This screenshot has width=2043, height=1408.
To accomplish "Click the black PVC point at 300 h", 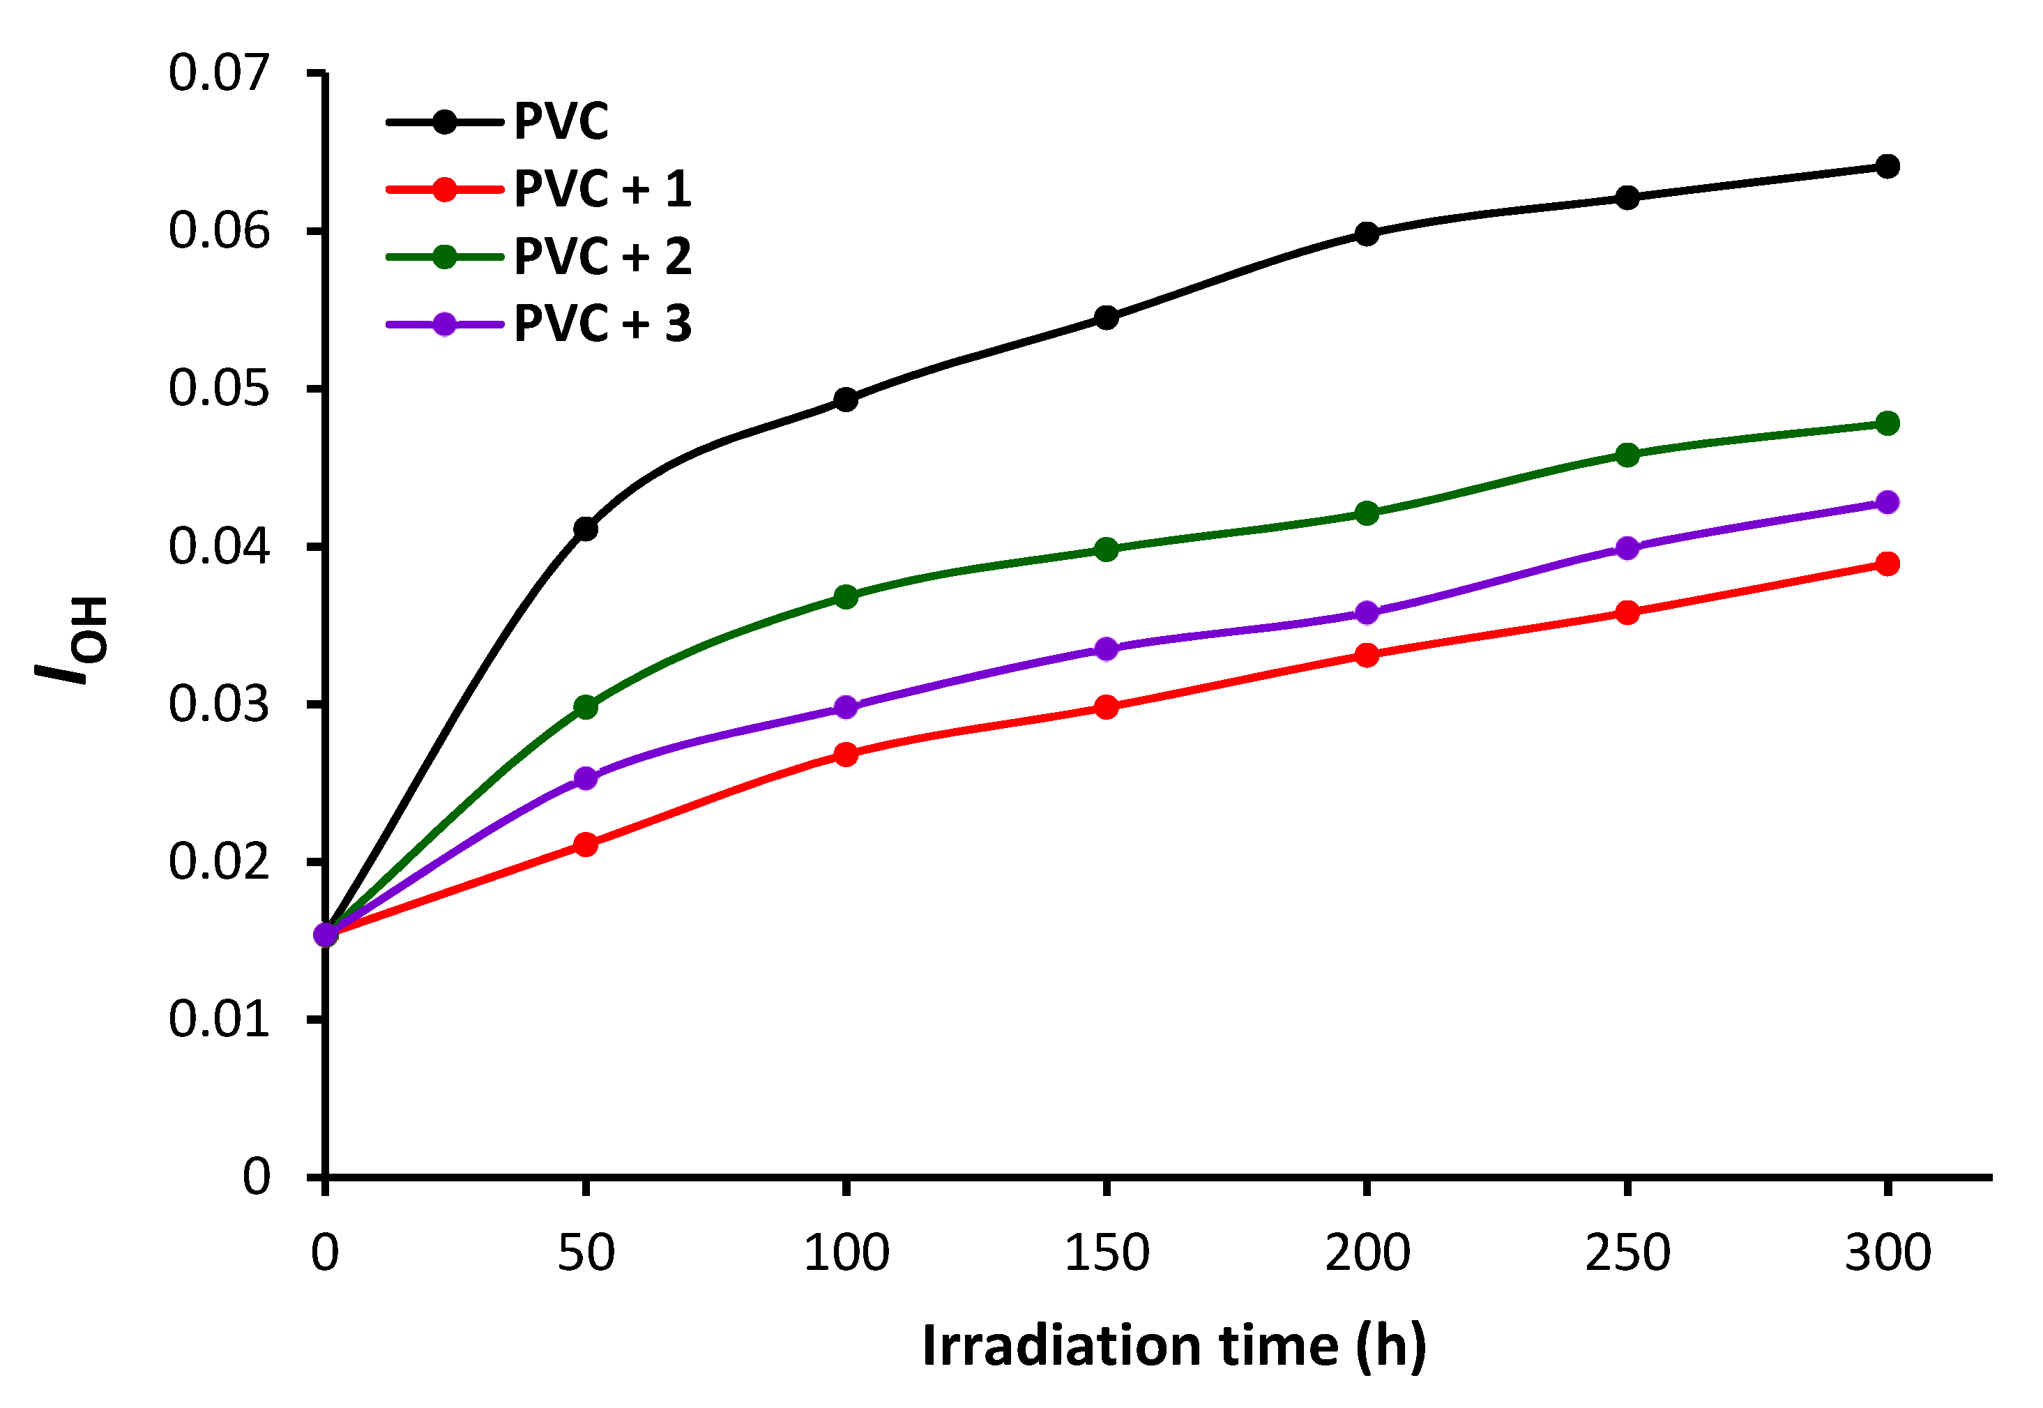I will coord(1887,166).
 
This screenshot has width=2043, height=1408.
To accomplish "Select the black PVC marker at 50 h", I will coord(586,529).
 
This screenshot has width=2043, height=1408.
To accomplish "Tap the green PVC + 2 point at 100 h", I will coord(846,597).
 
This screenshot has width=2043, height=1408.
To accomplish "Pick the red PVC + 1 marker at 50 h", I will coord(586,845).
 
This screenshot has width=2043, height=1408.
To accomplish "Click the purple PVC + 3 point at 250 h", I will coord(1627,548).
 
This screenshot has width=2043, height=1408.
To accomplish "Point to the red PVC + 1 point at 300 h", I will coord(1887,563).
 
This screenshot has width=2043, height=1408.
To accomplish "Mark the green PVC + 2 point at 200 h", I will coord(1367,513).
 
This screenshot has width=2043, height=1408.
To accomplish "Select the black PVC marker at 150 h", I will coord(1106,317).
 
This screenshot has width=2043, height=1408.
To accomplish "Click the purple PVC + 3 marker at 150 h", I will coord(1106,649).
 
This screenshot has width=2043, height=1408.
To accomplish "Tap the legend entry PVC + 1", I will coord(602,189).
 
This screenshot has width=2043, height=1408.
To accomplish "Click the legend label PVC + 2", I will coord(602,257).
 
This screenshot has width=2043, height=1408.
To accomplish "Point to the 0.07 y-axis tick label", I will coord(218,73).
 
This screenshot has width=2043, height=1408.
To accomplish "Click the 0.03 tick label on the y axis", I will coord(218,704).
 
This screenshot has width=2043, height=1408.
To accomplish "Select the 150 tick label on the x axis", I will coord(1106,1252).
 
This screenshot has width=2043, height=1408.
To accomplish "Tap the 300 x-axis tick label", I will coord(1887,1252).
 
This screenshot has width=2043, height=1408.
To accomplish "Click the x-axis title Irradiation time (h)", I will coord(1174,1346).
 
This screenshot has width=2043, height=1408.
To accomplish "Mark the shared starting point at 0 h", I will coord(326,933).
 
